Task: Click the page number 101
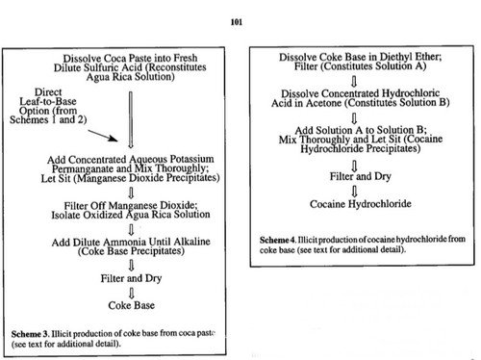tap(237, 22)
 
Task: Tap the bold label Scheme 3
tap(30, 334)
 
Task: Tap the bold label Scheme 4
tap(278, 240)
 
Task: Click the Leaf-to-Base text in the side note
tap(48, 101)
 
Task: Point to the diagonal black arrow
tap(103, 136)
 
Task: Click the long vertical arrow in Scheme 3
tap(131, 119)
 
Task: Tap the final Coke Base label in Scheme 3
tap(132, 305)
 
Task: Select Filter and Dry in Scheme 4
tap(361, 176)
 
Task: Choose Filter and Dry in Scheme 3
tap(131, 278)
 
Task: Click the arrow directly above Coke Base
tap(131, 293)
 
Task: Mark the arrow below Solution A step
tap(354, 82)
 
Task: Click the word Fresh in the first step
tap(185, 58)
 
